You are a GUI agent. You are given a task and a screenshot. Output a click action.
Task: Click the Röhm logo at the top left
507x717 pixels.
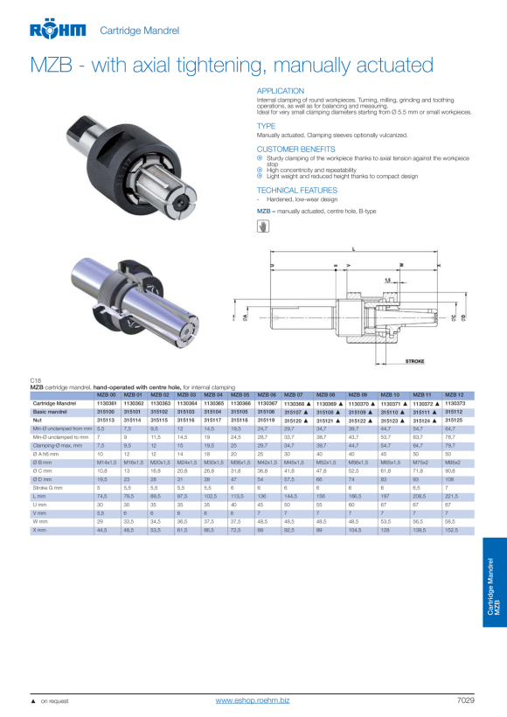click(58, 31)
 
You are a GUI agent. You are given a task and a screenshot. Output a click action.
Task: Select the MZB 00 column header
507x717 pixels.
click(107, 395)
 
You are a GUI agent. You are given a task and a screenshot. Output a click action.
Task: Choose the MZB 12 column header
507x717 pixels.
click(455, 395)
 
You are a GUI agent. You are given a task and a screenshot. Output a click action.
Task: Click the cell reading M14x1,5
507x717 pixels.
click(107, 462)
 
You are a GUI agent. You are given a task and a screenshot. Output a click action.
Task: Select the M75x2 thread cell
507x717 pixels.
click(423, 462)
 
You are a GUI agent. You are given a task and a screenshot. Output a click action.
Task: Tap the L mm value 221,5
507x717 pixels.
click(452, 496)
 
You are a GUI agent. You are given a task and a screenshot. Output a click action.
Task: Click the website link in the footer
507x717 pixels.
click(253, 701)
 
